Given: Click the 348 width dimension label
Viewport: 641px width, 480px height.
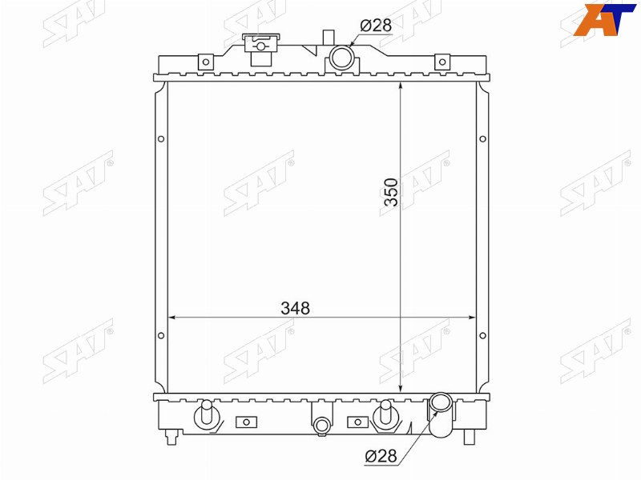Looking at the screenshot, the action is (x=295, y=308).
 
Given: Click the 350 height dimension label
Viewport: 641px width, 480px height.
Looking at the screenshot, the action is (x=391, y=192).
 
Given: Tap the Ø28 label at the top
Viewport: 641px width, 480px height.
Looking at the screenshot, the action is (x=376, y=26).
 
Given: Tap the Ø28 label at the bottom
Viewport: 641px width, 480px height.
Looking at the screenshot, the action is (x=381, y=456).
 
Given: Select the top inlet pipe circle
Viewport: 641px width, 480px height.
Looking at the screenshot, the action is (x=341, y=58).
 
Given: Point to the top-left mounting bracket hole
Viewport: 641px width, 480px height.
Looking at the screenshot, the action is (x=206, y=62).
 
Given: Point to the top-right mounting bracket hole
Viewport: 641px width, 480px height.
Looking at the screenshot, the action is (x=442, y=62).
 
